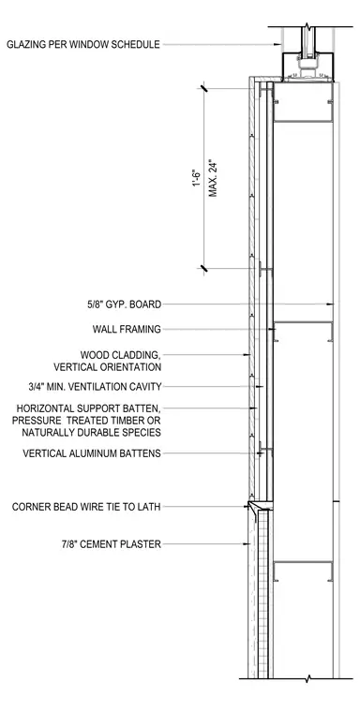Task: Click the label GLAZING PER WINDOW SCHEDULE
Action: pos(83,45)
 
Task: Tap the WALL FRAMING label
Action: pos(127,329)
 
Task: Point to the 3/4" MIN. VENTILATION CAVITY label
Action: pos(95,387)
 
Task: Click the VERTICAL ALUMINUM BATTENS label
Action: pos(92,453)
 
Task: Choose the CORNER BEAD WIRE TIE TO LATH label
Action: pos(86,507)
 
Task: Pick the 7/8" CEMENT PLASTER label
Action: pos(112,543)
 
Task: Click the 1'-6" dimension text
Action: pos(197,178)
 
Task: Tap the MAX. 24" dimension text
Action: pos(213,178)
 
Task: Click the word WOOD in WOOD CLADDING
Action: pos(94,355)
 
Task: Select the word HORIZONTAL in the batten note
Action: pos(46,408)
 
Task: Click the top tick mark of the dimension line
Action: pos(203,88)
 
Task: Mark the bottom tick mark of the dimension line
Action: pos(203,268)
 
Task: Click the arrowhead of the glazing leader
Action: pos(278,45)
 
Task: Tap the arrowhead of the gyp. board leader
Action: pos(330,304)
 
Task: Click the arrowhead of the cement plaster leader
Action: pos(247,543)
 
